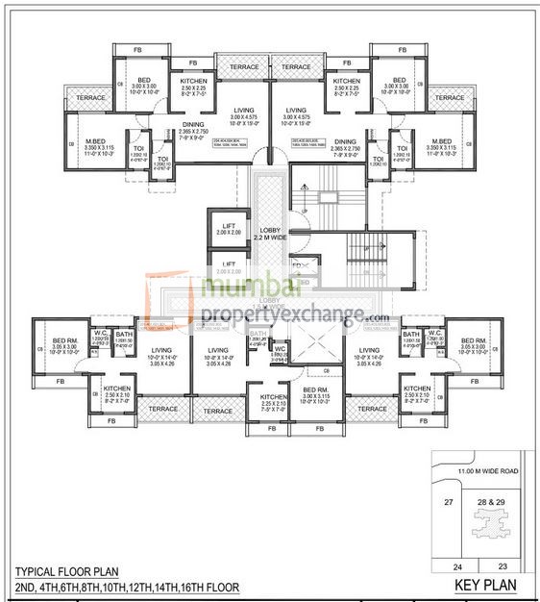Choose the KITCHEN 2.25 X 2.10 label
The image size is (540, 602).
261,401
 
